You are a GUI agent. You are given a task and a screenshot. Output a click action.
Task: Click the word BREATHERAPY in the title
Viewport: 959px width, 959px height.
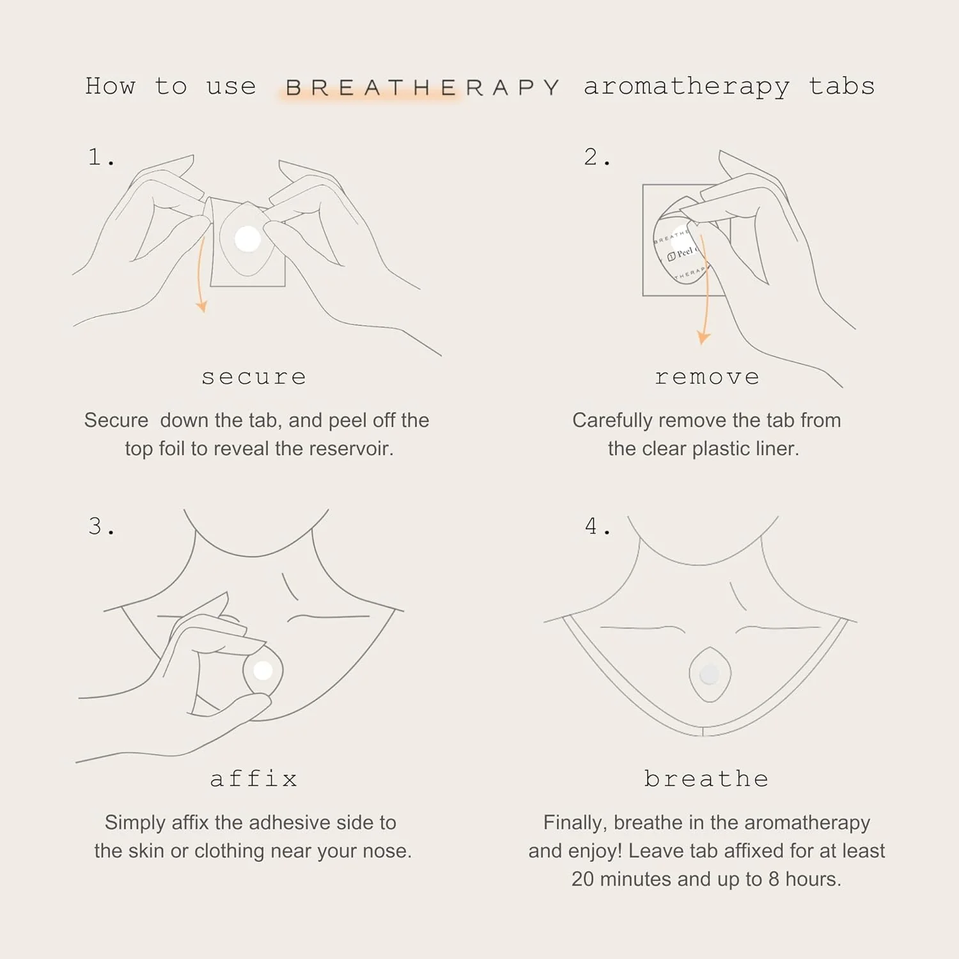[423, 87]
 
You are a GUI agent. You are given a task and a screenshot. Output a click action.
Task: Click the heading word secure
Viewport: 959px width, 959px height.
[254, 377]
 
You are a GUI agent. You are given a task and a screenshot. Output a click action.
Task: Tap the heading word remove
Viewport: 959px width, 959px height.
[707, 377]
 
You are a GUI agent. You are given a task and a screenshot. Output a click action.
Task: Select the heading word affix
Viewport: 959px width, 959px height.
[254, 778]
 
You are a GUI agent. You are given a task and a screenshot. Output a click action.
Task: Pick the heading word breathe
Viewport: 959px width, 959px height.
[706, 778]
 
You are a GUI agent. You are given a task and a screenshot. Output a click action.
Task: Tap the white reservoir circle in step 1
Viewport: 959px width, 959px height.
[247, 239]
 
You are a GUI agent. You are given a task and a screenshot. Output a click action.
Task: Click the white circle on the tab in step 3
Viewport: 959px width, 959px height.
[263, 671]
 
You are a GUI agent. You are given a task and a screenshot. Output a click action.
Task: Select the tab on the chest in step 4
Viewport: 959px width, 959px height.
[709, 674]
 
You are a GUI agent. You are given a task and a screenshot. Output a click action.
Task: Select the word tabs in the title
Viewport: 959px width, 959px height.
[841, 86]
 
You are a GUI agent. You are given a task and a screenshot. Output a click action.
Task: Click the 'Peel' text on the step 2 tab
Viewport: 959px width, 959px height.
[685, 252]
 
